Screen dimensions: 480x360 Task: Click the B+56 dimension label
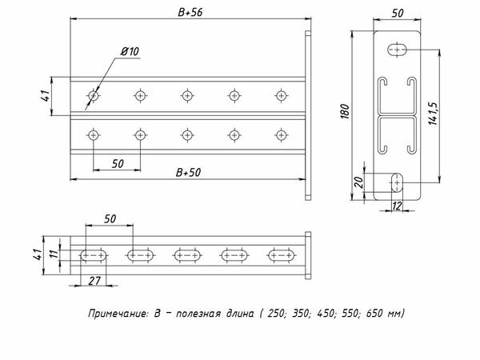pos(190,12)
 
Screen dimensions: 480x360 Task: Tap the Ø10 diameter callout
pos(130,51)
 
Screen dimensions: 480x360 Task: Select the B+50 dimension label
pos(188,173)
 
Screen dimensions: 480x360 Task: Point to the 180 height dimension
pos(345,111)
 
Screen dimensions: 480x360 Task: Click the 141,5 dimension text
pos(433,114)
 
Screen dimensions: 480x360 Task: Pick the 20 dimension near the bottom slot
pos(358,182)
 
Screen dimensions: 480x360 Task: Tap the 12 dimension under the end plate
pos(397,206)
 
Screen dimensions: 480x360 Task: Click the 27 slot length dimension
pos(94,281)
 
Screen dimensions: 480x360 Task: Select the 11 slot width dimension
pos(54,254)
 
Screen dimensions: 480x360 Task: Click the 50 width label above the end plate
pos(398,13)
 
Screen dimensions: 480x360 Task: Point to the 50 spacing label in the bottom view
pos(110,219)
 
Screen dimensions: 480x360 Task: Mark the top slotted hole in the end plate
pos(398,50)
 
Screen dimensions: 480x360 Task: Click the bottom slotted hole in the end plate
pos(397,182)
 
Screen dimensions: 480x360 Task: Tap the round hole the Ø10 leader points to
pos(94,96)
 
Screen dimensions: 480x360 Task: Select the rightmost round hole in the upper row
pos(281,96)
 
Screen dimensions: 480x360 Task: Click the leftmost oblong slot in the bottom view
pos(94,255)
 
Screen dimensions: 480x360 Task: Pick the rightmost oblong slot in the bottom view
pos(282,255)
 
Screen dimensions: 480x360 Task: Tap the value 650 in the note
pos(374,313)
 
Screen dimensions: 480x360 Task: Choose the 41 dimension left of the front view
pos(46,96)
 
